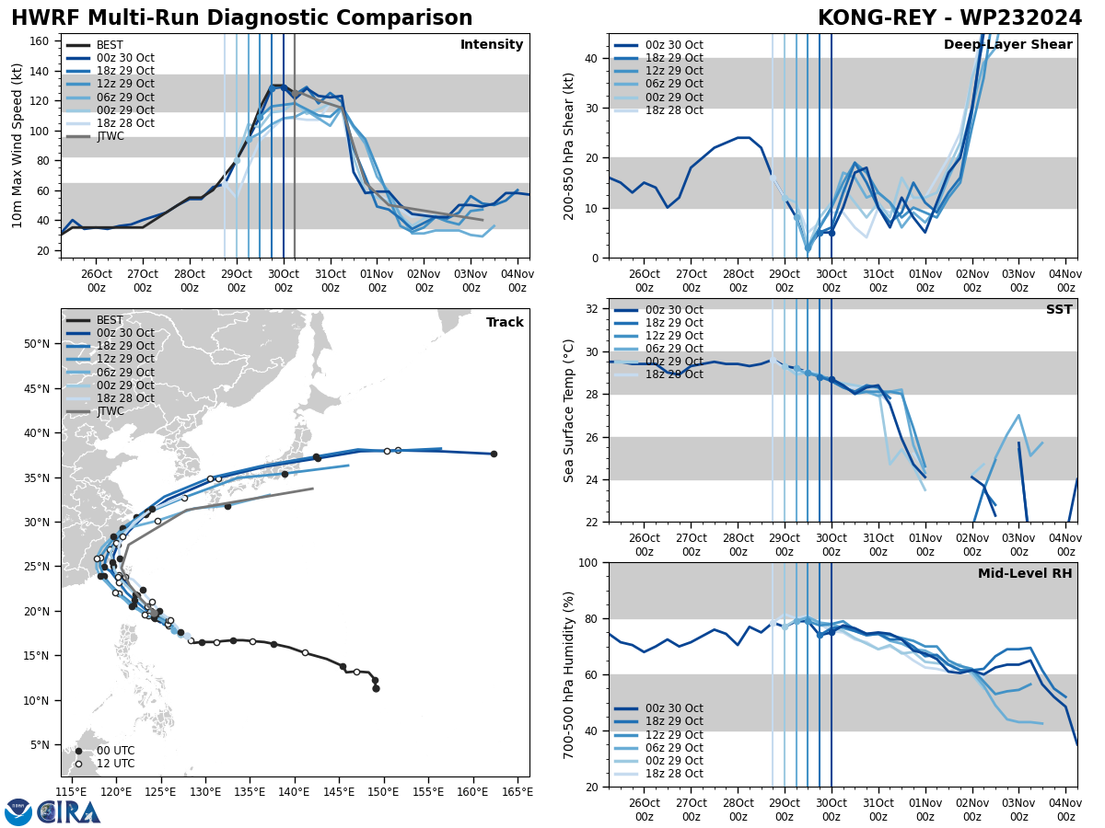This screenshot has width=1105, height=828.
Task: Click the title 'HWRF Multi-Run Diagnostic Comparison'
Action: (241, 18)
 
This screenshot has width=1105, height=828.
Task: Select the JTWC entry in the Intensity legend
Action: (110, 136)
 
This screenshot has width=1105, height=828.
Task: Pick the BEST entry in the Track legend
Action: (110, 320)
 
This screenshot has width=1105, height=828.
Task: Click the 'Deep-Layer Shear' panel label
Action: (1007, 45)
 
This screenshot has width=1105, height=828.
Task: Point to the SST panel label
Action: (1058, 310)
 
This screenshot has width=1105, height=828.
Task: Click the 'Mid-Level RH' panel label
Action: (1025, 574)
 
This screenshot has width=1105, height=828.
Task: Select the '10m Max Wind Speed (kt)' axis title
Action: (17, 146)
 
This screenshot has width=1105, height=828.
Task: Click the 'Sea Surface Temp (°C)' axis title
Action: (569, 410)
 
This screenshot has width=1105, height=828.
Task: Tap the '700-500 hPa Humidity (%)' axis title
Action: (569, 674)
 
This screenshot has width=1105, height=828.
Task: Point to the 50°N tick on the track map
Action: (37, 344)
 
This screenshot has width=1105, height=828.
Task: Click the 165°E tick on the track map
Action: (517, 792)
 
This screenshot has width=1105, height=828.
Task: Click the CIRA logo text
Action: (69, 811)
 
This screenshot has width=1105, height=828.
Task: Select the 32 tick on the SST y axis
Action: (593, 309)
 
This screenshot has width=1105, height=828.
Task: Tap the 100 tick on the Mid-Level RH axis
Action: (589, 563)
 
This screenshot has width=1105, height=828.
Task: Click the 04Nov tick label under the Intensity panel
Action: (517, 281)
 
